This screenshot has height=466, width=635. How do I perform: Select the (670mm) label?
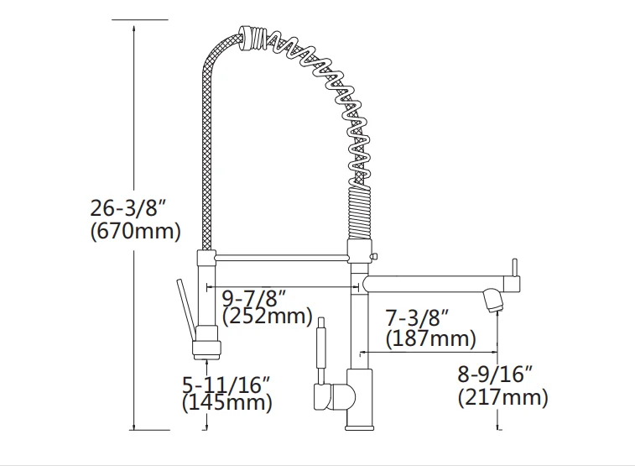[x=134, y=231]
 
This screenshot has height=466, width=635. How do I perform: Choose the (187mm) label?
[x=430, y=338]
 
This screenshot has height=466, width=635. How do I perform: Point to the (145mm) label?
[x=226, y=403]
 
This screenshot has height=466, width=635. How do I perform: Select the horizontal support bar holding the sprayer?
[x=281, y=254]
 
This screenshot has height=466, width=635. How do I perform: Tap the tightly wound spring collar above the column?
[x=355, y=214]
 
